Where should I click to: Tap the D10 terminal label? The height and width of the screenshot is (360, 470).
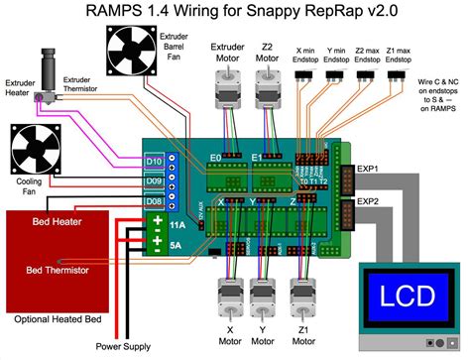coord(154,161)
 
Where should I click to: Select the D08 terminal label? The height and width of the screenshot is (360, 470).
coord(154,201)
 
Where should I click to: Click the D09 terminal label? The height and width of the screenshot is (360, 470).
coord(154,181)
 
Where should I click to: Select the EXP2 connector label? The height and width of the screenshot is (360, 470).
coord(368,201)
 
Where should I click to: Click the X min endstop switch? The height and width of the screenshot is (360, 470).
coord(308,74)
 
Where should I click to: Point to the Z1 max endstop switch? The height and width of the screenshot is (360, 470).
coord(401,74)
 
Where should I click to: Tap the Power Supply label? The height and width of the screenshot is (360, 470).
coord(123,346)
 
